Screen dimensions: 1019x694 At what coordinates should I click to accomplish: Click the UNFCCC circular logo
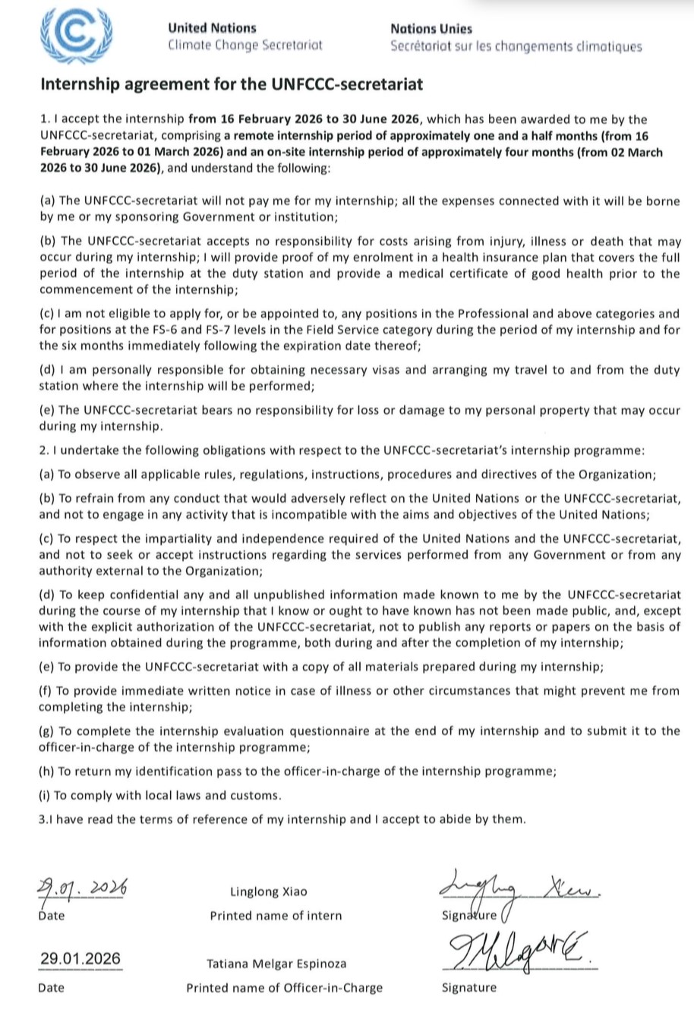pos(76,36)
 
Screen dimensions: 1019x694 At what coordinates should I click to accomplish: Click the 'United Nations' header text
pos(212,28)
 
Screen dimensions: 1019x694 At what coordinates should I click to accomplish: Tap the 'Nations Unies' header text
pos(431,29)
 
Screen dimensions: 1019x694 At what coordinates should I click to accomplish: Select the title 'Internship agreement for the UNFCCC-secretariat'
pos(231,84)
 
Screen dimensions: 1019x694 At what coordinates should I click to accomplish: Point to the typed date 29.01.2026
pos(80,958)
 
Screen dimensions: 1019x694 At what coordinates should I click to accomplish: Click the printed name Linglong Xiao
pos(269,891)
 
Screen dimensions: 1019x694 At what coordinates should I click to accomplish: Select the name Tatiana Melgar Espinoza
pos(276,964)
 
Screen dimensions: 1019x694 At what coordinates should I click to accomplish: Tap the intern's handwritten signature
pos(516,889)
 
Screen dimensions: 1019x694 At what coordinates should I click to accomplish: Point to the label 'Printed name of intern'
pos(276,916)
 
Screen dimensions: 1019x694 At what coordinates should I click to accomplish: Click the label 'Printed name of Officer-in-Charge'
pos(284,988)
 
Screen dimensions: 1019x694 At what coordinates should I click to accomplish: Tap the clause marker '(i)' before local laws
pos(45,796)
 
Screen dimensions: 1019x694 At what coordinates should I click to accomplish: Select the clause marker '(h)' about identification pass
pos(46,771)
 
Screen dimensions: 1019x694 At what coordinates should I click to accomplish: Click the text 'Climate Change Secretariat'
pos(244,45)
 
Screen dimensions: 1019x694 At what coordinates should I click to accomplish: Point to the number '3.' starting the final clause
pos(42,819)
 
